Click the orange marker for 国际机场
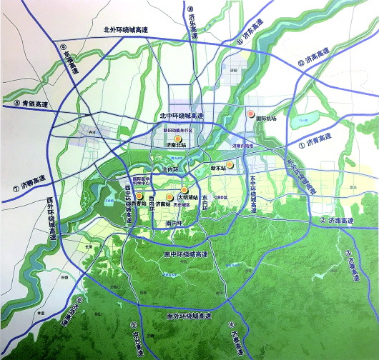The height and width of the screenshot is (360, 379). [250, 114]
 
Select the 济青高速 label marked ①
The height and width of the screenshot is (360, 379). [317, 142]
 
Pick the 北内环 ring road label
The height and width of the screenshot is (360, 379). [171, 170]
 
